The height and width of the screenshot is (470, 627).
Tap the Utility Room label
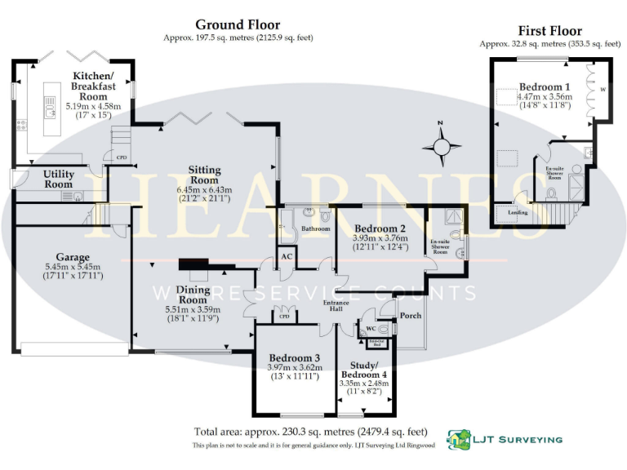59,179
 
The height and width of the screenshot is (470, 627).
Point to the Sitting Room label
205,175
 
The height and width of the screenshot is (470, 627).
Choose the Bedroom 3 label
294,357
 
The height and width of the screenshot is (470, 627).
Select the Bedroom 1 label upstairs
545,86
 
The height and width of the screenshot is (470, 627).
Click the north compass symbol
442,147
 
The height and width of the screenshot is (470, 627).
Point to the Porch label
410,315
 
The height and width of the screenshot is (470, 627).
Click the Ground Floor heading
237,25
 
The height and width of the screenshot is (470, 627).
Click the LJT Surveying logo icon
459,438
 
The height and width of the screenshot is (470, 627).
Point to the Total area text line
310,431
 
